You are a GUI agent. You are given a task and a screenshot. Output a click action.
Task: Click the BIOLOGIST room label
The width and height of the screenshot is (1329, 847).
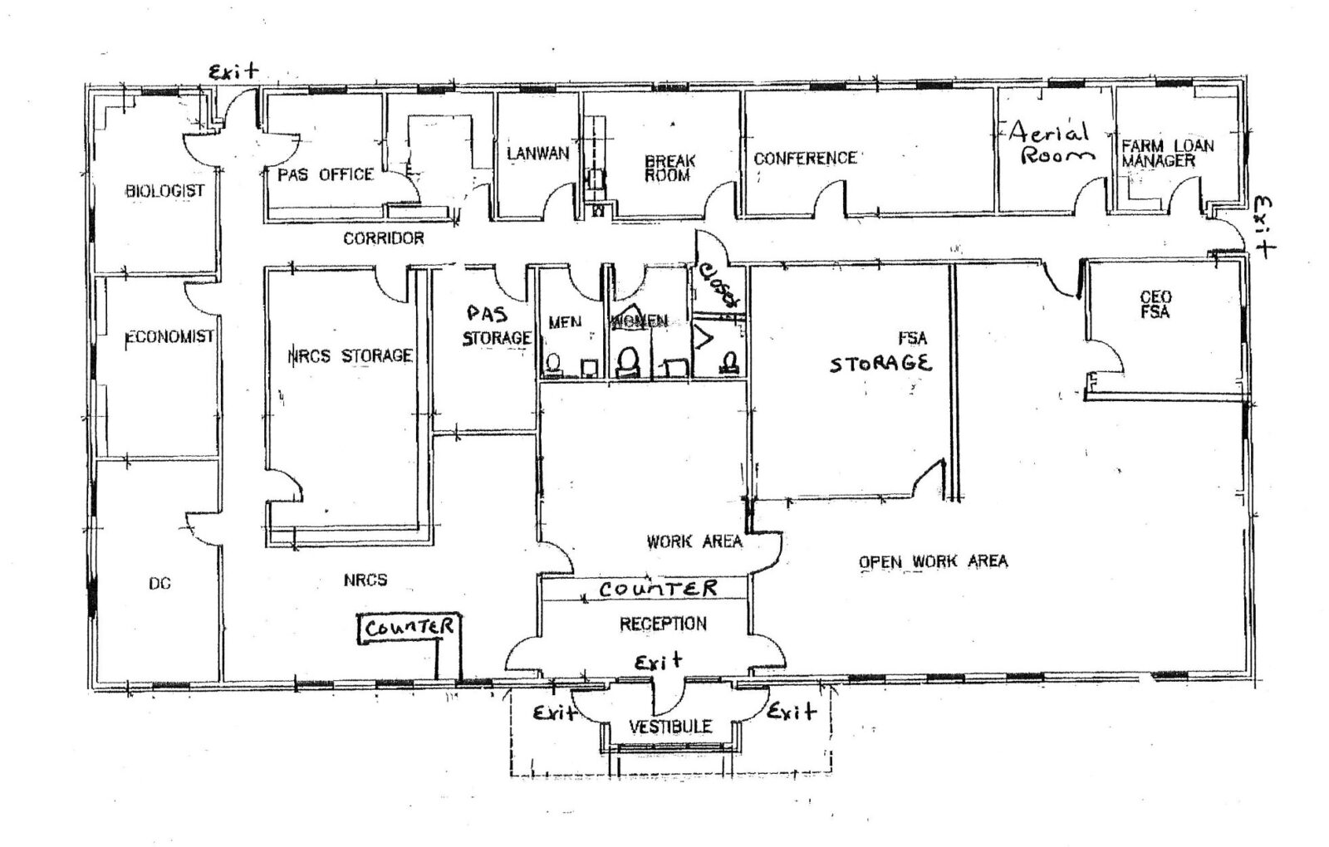click(x=164, y=191)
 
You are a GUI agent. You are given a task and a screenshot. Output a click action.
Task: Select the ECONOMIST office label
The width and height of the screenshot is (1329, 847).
click(x=169, y=337)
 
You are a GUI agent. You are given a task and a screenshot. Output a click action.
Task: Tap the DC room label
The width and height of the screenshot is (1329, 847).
click(x=159, y=584)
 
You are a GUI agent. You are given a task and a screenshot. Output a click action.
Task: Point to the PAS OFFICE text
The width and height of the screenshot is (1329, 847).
click(x=326, y=174)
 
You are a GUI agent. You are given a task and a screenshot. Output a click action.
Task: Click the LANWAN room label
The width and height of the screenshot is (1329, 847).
click(x=537, y=153)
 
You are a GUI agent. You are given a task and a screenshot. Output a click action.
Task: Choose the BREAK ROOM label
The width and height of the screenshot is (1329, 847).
click(x=669, y=168)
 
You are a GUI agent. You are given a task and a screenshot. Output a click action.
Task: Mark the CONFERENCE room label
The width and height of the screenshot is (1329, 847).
click(x=804, y=158)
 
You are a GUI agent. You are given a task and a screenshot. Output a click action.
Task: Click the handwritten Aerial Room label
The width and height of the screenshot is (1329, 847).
click(x=1051, y=143)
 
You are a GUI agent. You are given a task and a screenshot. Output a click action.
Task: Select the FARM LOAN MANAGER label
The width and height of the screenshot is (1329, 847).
click(x=1167, y=153)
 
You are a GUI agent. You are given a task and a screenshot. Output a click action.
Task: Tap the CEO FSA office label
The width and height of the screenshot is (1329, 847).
click(x=1155, y=305)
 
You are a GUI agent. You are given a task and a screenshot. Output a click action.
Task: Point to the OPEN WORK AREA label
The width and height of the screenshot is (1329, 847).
click(x=933, y=562)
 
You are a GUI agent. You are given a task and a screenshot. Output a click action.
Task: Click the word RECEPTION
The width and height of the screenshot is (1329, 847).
click(x=663, y=624)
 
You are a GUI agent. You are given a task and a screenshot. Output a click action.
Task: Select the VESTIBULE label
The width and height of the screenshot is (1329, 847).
click(x=669, y=727)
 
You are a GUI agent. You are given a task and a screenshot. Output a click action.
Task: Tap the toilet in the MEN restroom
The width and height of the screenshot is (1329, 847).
click(x=552, y=363)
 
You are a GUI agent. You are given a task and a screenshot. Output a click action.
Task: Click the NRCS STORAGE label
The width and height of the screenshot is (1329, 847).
click(x=350, y=356)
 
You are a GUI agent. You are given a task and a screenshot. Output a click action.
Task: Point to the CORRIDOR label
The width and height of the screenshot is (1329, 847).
click(x=383, y=238)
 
